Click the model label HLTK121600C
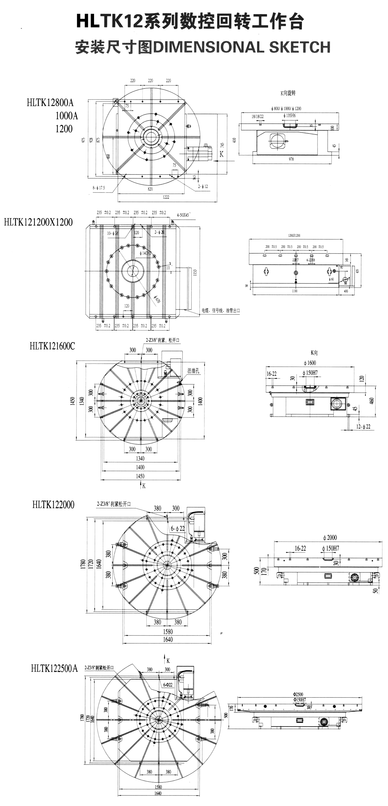point(52,346)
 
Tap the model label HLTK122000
point(54,505)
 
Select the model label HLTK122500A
point(54,668)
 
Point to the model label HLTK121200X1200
point(38,222)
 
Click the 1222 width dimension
point(166,197)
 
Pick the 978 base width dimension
point(291,159)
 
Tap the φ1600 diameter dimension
point(310,363)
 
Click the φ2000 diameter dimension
point(330,538)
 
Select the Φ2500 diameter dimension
point(298,694)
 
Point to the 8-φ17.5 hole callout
point(98,188)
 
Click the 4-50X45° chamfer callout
point(184,215)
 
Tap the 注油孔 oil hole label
point(193,371)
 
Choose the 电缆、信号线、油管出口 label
point(220,311)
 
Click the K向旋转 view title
point(288,93)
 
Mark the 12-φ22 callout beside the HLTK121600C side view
point(363,427)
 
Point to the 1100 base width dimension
point(294,291)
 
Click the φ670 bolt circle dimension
point(157,299)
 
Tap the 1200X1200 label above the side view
point(294,235)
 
